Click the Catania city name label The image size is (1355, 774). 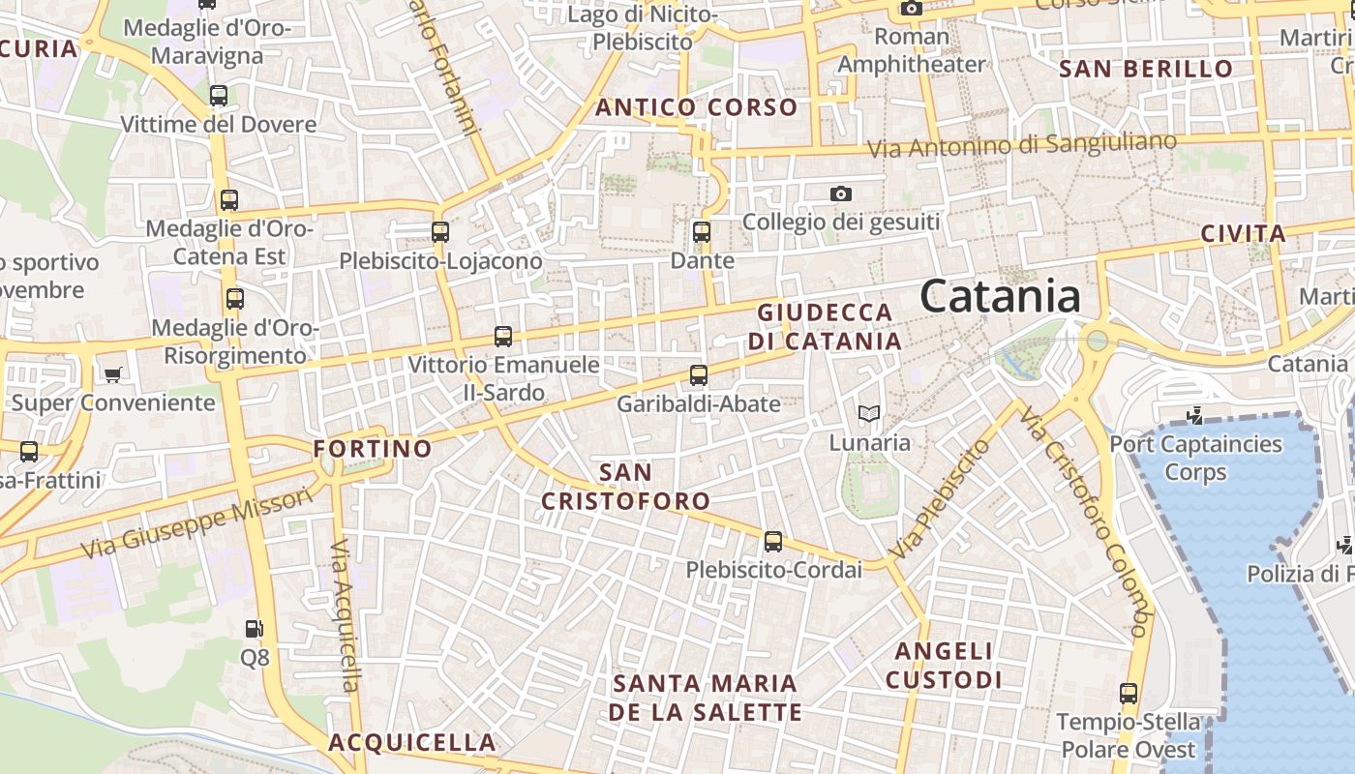point(1000,295)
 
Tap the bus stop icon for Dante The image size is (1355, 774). point(702,232)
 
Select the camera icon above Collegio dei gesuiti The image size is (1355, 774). point(840,193)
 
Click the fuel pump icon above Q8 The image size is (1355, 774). point(254,629)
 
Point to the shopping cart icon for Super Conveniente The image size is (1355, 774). point(113,373)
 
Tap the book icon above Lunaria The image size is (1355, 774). point(869,414)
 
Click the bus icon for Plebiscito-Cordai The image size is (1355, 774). point(772,541)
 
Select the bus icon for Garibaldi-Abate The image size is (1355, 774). point(699,374)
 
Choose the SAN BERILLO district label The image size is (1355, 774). point(1146,69)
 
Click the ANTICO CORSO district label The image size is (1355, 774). point(697,107)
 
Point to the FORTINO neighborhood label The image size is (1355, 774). point(373,449)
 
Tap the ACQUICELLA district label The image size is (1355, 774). point(412,743)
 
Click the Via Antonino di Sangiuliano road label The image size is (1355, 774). point(1022,145)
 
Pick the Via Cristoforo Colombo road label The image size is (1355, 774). point(1085,522)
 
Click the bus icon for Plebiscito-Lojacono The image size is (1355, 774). point(440,232)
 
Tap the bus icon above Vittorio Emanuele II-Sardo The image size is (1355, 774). point(503,337)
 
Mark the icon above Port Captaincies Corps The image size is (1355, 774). point(1195,415)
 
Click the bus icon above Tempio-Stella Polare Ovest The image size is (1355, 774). point(1129,693)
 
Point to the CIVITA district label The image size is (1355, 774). point(1243,233)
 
